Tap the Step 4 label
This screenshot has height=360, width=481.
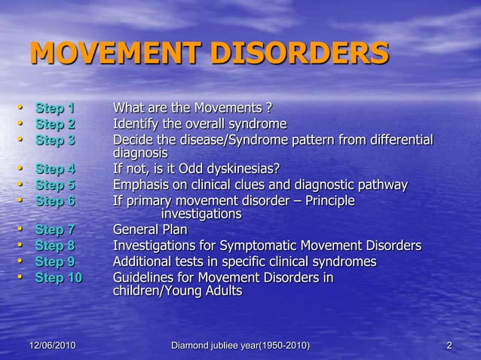pyautogui.click(x=55, y=169)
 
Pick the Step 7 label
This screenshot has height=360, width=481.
pyautogui.click(x=55, y=230)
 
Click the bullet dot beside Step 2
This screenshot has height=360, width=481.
pyautogui.click(x=22, y=123)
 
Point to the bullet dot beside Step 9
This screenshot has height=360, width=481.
pyautogui.click(x=22, y=261)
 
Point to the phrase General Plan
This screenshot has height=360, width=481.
pyautogui.click(x=150, y=230)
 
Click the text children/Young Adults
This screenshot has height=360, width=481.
pyautogui.click(x=177, y=291)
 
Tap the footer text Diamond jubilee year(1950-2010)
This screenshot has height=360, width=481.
pyautogui.click(x=240, y=345)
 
